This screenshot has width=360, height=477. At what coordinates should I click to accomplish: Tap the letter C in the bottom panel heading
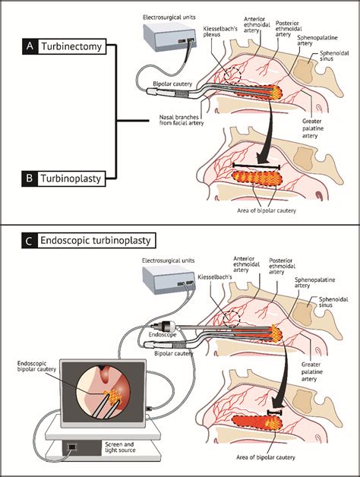28,241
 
